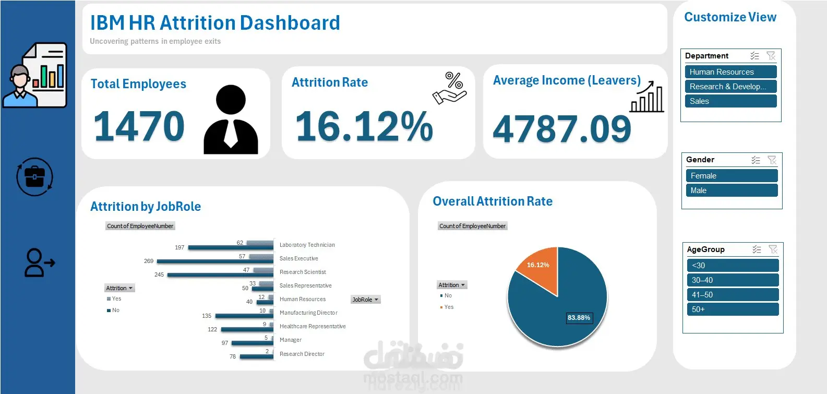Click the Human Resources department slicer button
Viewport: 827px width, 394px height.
730,71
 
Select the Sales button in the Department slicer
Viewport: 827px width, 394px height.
730,101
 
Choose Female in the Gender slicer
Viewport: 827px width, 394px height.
732,176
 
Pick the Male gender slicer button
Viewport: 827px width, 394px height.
732,190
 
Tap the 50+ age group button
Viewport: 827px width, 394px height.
733,309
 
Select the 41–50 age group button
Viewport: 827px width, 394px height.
733,295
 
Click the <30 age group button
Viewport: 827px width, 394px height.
733,266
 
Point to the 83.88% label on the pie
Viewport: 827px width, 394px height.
579,318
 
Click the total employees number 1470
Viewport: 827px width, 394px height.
139,126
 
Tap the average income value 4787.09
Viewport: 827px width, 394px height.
561,129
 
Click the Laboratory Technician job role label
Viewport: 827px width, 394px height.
307,245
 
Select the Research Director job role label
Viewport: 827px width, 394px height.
302,354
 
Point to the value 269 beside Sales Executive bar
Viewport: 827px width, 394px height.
148,261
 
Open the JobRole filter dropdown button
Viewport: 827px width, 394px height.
366,300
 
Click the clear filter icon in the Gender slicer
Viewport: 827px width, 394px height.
772,160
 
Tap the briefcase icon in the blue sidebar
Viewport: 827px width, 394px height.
35,177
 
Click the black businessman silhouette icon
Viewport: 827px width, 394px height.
231,120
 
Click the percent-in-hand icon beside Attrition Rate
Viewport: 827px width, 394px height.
450,88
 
